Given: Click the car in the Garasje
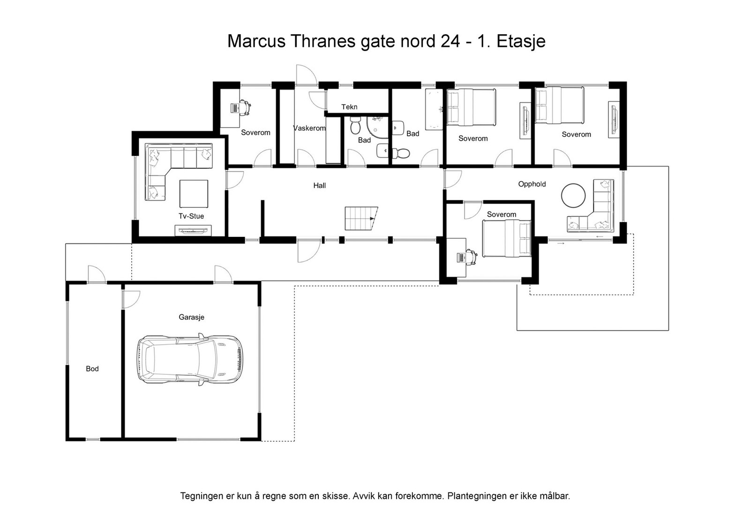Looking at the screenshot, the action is pyautogui.click(x=190, y=359).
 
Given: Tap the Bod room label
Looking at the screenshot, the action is pyautogui.click(x=92, y=369).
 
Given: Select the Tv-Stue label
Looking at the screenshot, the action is pyautogui.click(x=191, y=216).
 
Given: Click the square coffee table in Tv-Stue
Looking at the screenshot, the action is pyautogui.click(x=194, y=194).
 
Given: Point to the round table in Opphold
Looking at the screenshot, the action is pyautogui.click(x=573, y=195).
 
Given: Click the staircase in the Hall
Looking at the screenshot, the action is pyautogui.click(x=361, y=219).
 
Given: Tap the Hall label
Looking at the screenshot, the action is pyautogui.click(x=320, y=186).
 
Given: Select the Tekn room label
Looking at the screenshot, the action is pyautogui.click(x=349, y=107).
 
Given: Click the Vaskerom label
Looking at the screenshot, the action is pyautogui.click(x=309, y=128).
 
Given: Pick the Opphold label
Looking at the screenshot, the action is pyautogui.click(x=532, y=184).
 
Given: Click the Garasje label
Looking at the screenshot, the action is pyautogui.click(x=192, y=317).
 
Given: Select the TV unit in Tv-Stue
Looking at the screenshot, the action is pyautogui.click(x=193, y=230).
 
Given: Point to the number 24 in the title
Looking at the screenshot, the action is pyautogui.click(x=450, y=41).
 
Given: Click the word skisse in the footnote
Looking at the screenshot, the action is pyautogui.click(x=337, y=496).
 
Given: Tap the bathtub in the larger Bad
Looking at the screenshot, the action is pyautogui.click(x=434, y=109).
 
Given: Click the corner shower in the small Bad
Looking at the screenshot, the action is pyautogui.click(x=377, y=127).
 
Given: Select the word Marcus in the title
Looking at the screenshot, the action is pyautogui.click(x=256, y=41).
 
